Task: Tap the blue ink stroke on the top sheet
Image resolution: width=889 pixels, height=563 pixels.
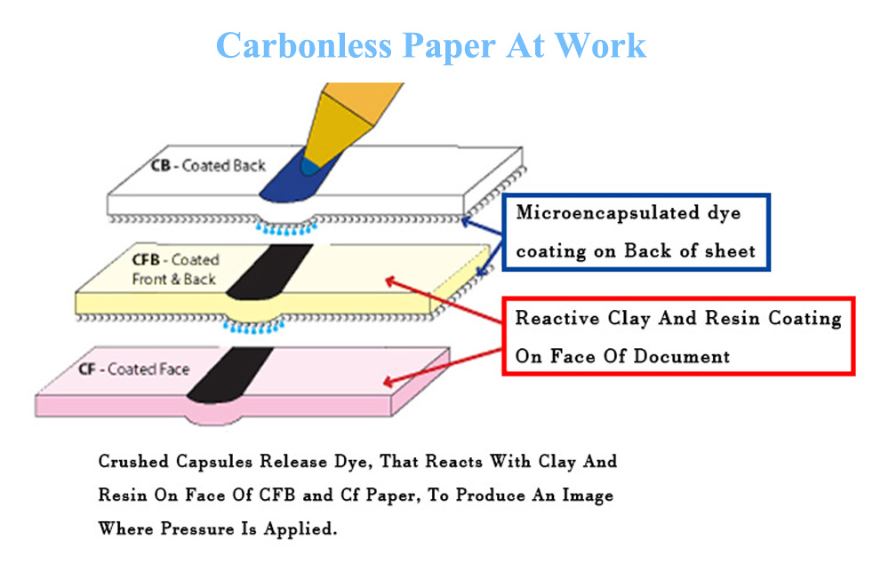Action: (x=293, y=178)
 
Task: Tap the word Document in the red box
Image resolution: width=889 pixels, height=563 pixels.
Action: (x=685, y=357)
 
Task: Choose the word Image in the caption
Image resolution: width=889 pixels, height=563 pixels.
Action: (x=581, y=496)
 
